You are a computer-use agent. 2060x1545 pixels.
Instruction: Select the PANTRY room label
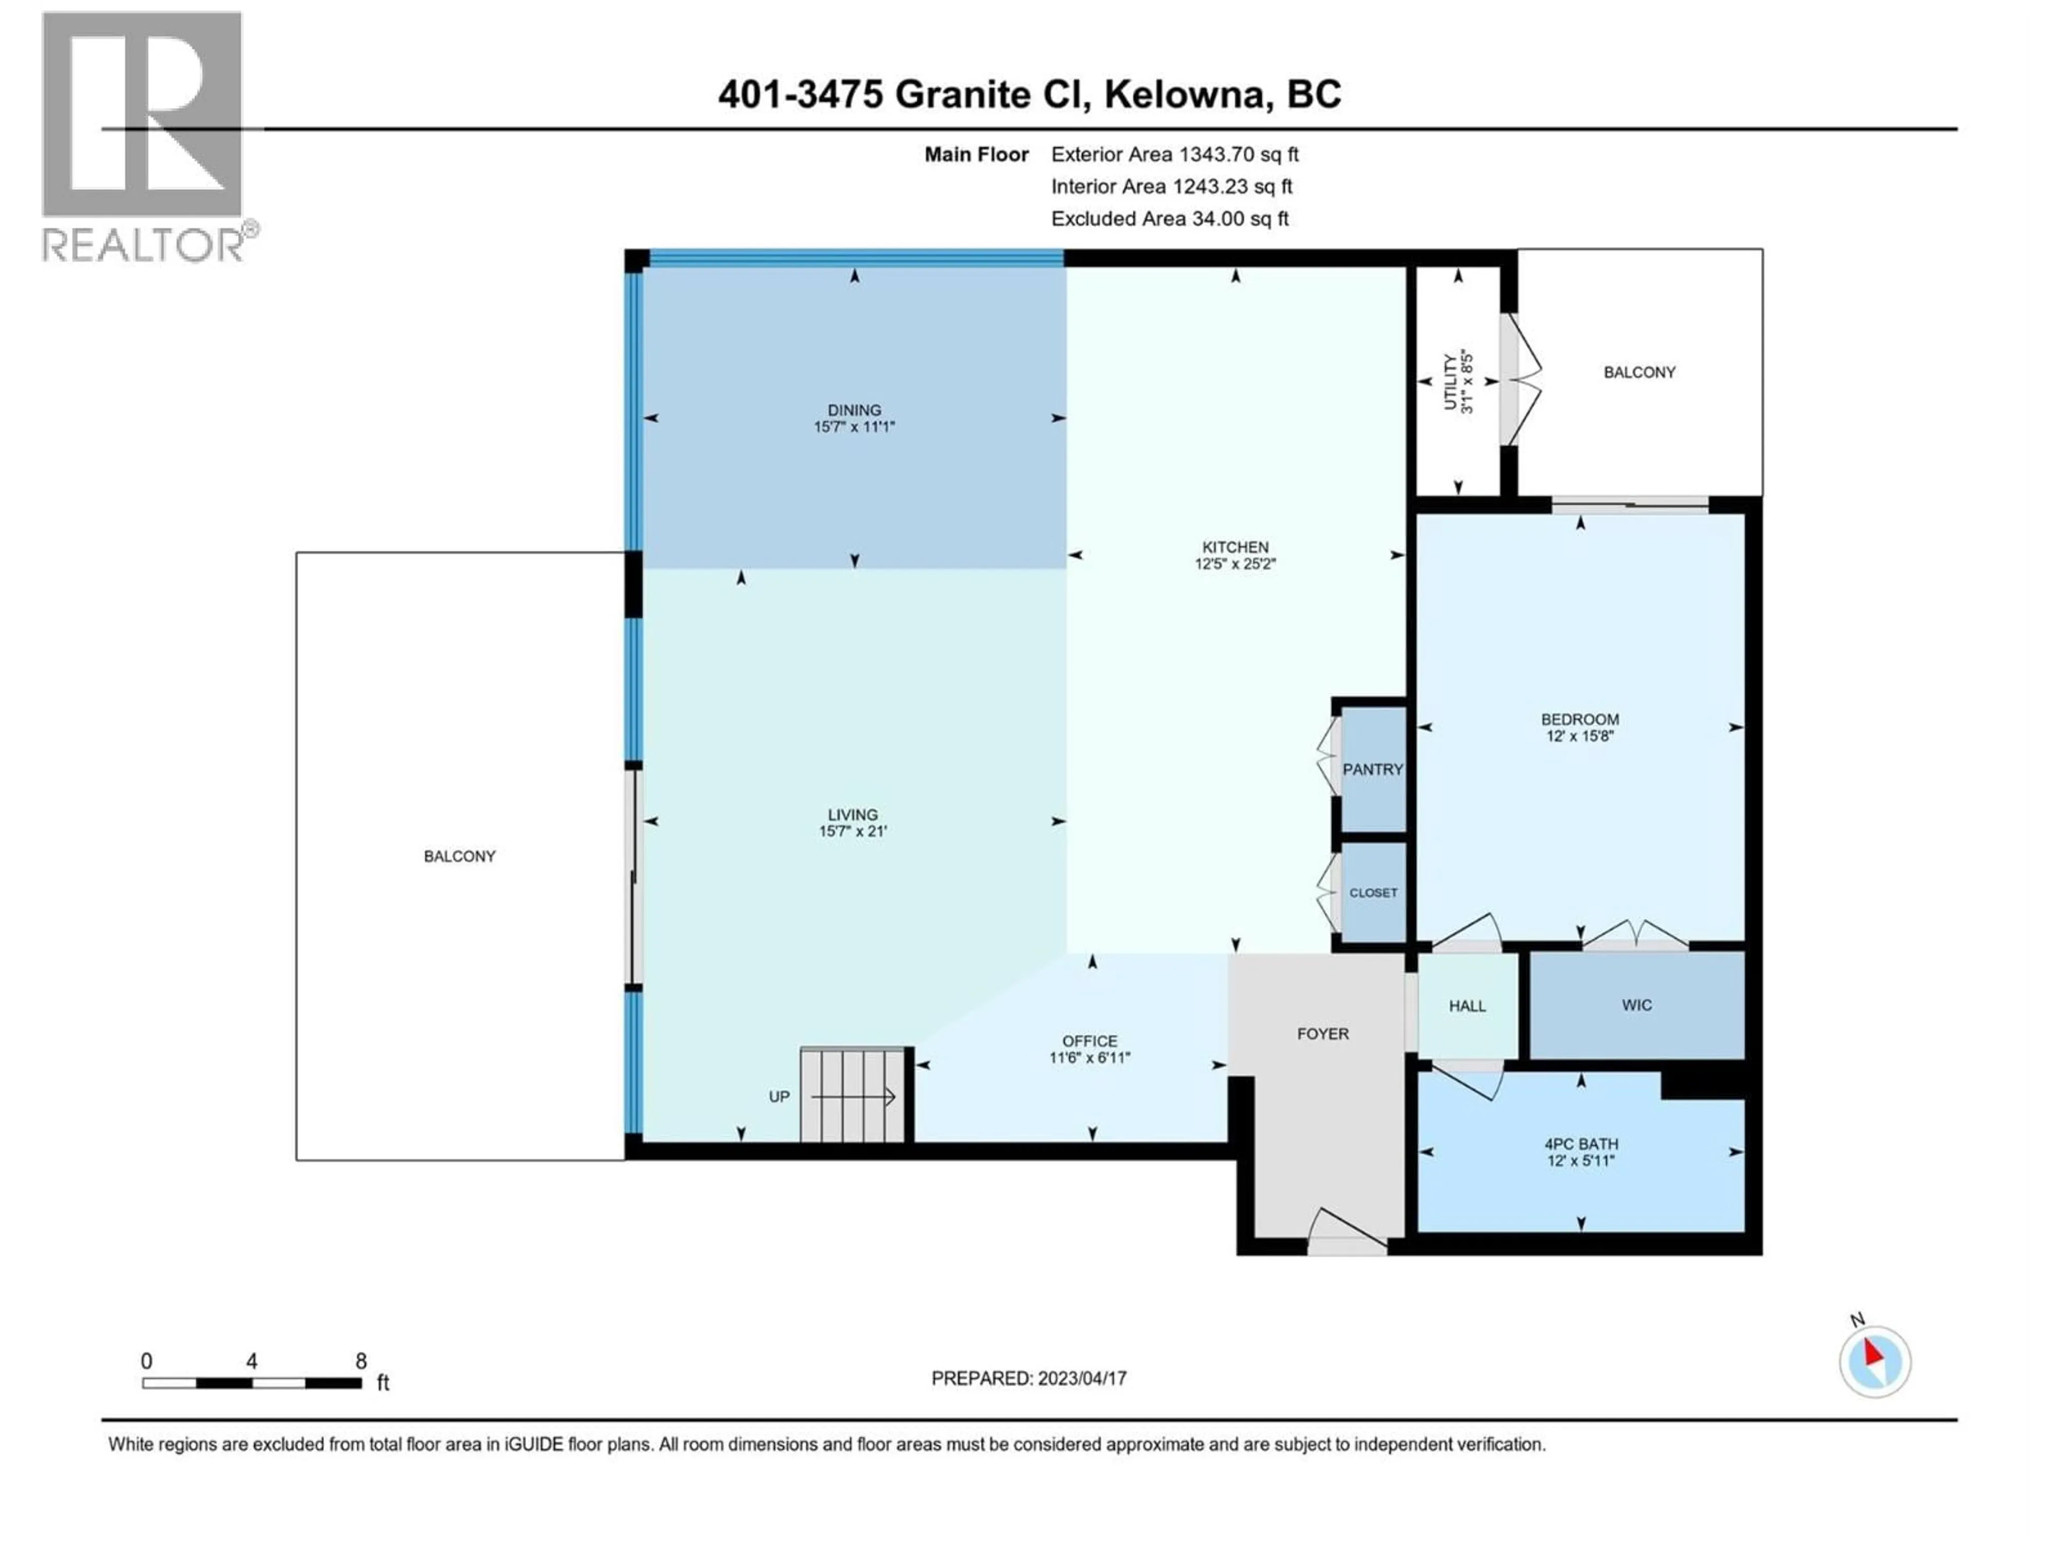(1372, 769)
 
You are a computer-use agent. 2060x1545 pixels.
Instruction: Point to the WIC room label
(1636, 1005)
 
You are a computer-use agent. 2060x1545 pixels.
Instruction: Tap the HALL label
(1467, 1006)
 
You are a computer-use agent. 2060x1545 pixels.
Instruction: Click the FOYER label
(1322, 1034)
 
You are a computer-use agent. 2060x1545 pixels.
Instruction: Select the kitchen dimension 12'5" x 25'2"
(1235, 563)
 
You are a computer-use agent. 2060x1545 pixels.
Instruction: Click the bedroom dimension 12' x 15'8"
(1579, 735)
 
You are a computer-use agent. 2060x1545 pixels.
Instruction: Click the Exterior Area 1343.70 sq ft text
(1174, 154)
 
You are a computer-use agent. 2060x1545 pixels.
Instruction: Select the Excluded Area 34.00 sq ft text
(1169, 219)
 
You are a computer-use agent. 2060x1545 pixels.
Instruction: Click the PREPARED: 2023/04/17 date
(1029, 1378)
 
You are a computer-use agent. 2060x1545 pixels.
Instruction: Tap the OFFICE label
(1090, 1041)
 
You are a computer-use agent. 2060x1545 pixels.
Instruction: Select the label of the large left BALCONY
(459, 856)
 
